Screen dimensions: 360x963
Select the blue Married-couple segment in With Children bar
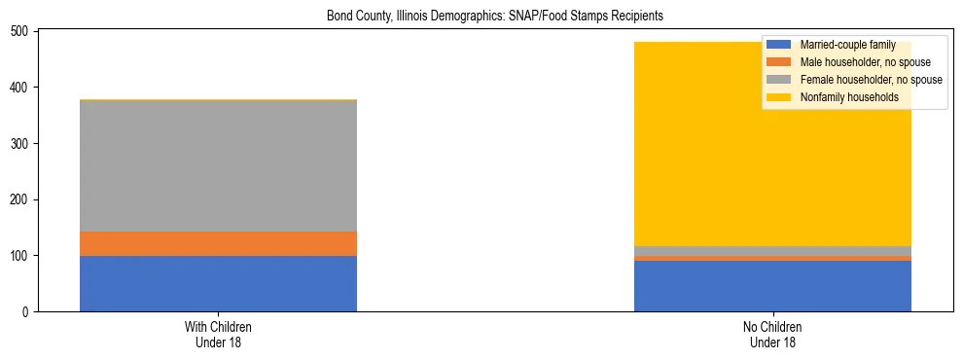pyautogui.click(x=218, y=283)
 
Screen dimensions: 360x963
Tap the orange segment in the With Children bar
pyautogui.click(x=218, y=243)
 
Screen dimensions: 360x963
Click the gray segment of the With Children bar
pyautogui.click(x=218, y=165)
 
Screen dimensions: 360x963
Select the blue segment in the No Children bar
pyautogui.click(x=772, y=286)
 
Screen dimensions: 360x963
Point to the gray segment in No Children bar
pyautogui.click(x=772, y=251)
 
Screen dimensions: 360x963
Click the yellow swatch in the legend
pyautogui.click(x=778, y=97)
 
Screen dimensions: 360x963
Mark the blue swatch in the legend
pyautogui.click(x=778, y=45)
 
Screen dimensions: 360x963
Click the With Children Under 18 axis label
pyautogui.click(x=218, y=335)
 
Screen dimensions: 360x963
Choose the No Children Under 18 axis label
pyautogui.click(x=772, y=335)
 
